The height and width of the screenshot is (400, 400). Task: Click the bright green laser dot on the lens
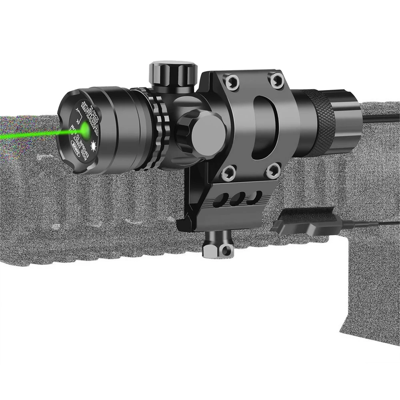(85, 128)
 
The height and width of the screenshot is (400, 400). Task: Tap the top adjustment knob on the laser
(173, 74)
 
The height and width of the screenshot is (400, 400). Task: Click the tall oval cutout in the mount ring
(262, 126)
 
